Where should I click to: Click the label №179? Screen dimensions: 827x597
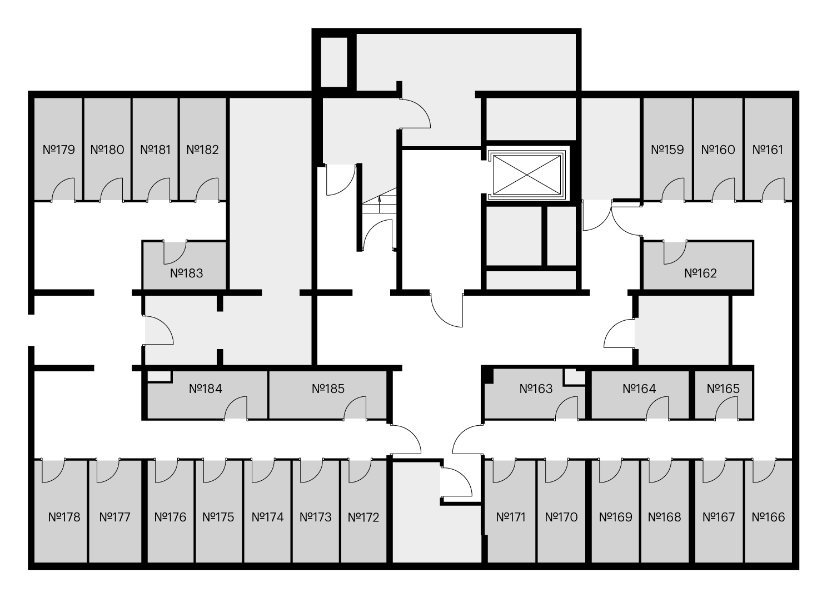coord(59,150)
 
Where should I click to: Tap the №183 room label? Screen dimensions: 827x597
coord(186,273)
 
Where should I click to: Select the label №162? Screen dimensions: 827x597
coord(700,273)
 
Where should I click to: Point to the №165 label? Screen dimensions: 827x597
coord(723,389)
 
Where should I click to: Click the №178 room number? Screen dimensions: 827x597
coord(64,518)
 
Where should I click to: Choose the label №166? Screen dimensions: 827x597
coord(768,518)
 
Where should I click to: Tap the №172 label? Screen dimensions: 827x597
coord(363,518)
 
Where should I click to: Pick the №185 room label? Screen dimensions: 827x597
coord(328,389)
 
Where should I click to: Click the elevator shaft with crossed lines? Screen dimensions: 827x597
coord(527,175)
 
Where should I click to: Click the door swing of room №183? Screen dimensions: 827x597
coord(175,252)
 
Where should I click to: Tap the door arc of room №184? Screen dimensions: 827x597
coord(236,409)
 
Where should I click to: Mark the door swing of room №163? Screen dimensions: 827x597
coord(566,409)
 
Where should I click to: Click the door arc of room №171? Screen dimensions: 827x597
coord(504,471)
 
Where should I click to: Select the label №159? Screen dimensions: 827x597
coord(667,150)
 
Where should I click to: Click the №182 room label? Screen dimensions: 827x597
coord(203,150)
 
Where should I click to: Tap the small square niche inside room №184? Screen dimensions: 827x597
coord(159,376)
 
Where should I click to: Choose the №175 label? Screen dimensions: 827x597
coord(218,518)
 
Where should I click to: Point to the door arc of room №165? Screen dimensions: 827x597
coord(726,409)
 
